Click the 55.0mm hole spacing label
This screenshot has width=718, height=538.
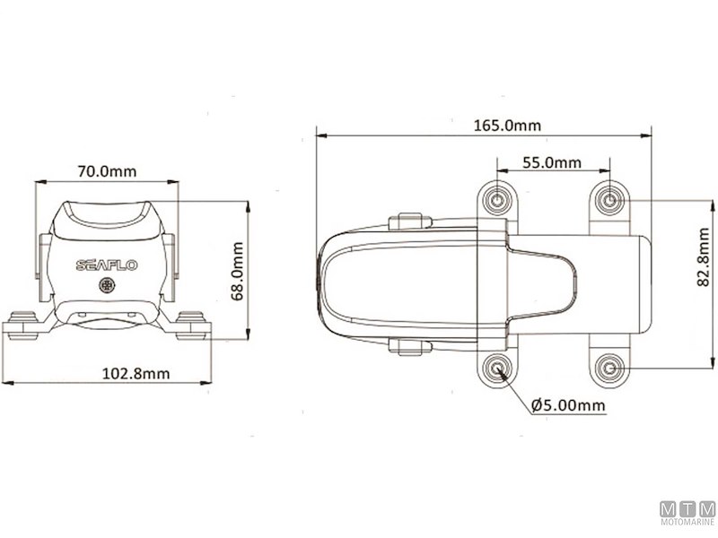coord(551,163)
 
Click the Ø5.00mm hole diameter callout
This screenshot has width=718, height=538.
coord(568,406)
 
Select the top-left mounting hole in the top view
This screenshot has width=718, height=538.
coord(499,198)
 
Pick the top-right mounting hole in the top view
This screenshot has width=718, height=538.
coord(609,199)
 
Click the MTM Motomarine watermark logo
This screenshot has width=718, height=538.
coord(687,514)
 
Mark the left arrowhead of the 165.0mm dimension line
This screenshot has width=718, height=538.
coord(320,136)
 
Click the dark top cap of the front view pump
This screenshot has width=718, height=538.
coord(106,218)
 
